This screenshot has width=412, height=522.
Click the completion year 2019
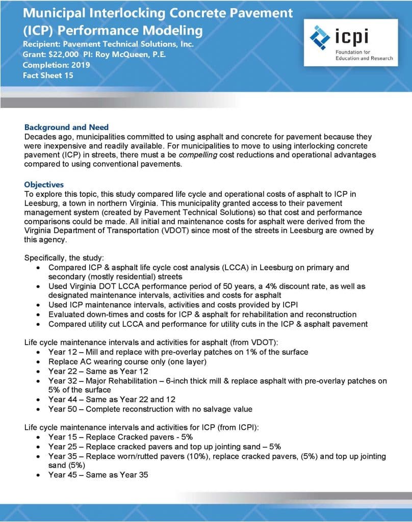80,65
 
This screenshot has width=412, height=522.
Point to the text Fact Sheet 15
48,75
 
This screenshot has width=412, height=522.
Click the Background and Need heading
66,127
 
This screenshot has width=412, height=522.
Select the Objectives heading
44,185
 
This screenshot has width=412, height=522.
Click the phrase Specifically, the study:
64,258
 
